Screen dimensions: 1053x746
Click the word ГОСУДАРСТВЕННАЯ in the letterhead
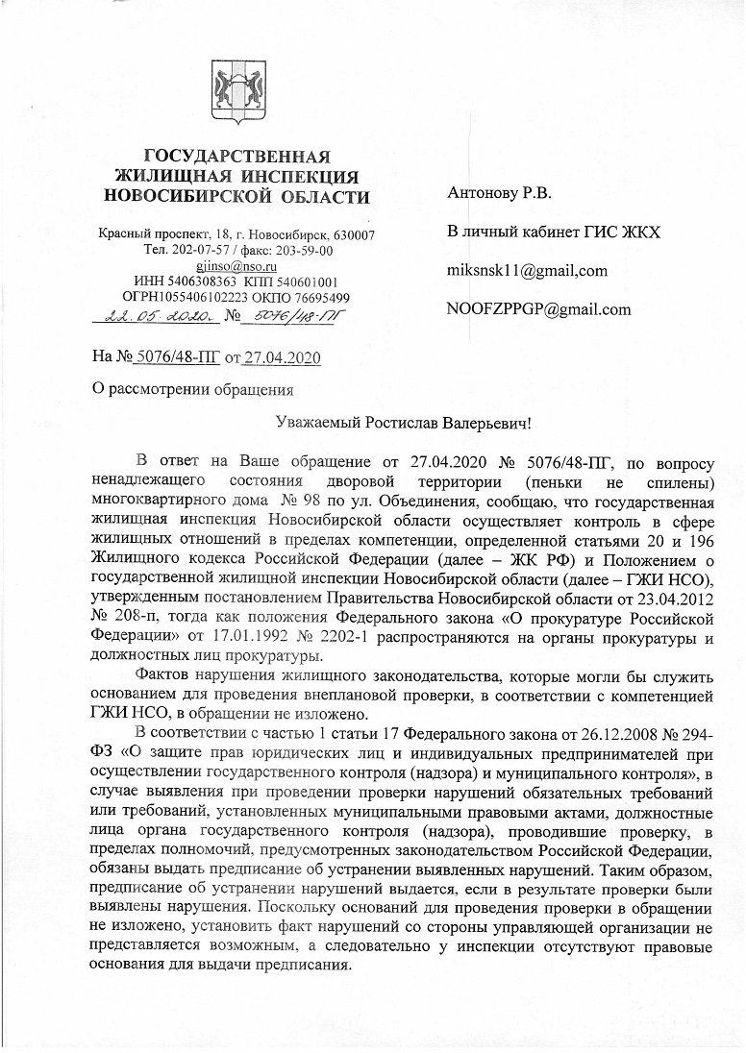tap(236, 158)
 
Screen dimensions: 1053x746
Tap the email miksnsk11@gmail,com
tap(527, 270)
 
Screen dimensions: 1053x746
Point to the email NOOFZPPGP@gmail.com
tap(538, 308)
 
